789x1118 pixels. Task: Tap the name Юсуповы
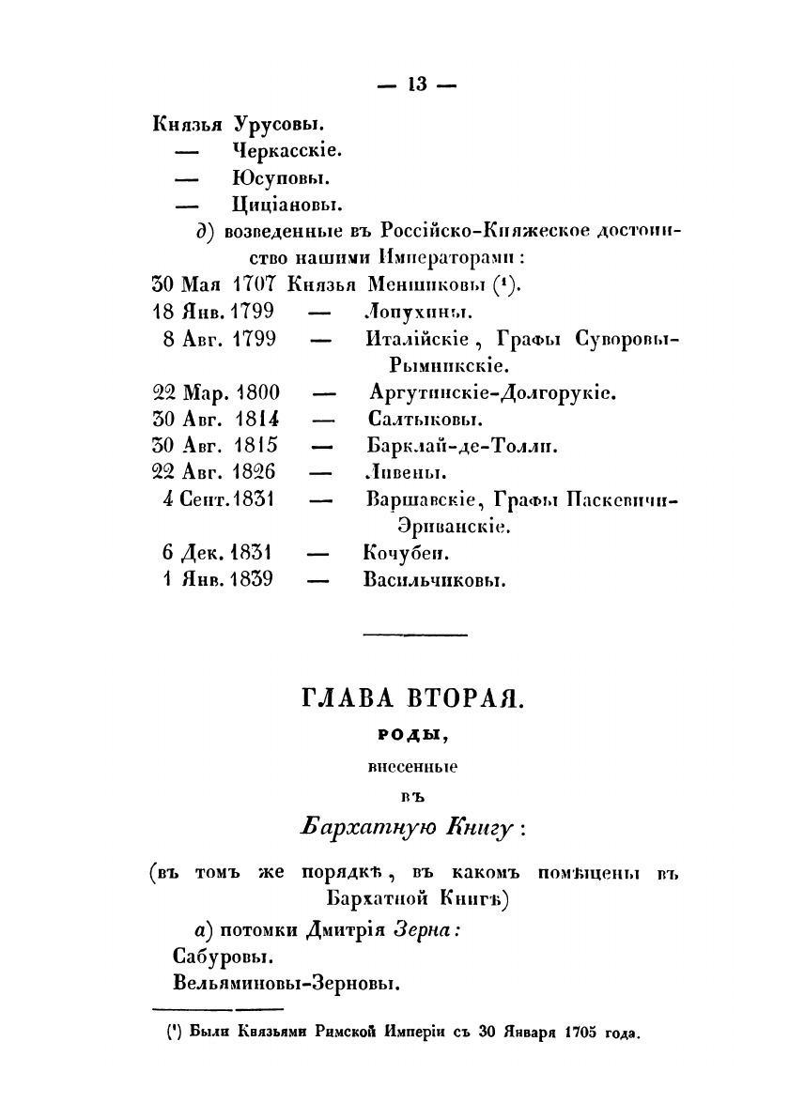coord(278,176)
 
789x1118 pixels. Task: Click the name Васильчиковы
coord(434,579)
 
